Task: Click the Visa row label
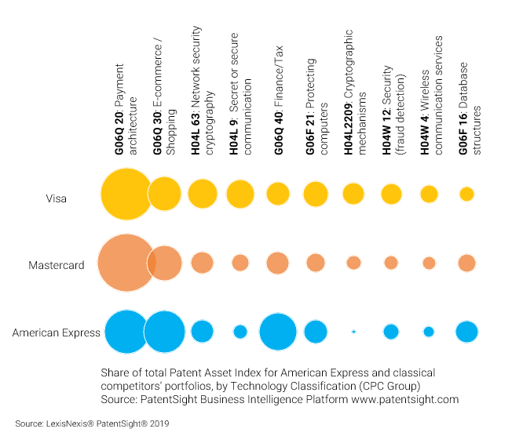57,198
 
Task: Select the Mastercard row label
57,265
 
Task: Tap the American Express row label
57,333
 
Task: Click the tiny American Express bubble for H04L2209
353,332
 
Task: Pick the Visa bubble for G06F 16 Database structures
466,194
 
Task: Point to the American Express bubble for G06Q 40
278,332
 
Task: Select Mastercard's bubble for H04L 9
240,263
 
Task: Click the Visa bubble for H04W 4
429,194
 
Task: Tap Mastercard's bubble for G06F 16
466,263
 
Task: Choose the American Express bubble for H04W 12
391,332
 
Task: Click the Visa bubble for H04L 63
203,194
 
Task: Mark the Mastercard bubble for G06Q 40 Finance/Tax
278,263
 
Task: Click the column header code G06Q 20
119,133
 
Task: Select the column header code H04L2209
349,129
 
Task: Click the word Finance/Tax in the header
278,76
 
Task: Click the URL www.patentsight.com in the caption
405,399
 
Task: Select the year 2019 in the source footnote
159,423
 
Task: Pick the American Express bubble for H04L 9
240,332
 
